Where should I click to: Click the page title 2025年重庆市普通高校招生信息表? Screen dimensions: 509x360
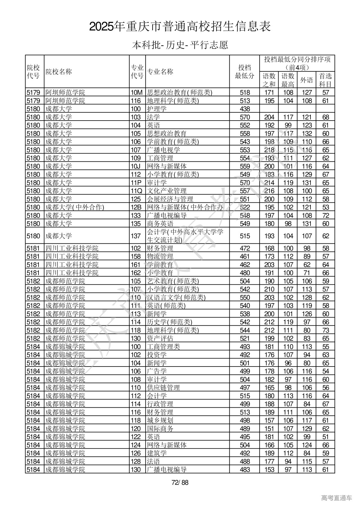point(180,27)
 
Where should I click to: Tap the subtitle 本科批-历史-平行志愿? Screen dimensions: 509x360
point(180,45)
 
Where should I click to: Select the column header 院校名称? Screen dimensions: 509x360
point(59,72)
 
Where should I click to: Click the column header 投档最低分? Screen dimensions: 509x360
point(244,72)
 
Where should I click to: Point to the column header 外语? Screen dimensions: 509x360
point(307,80)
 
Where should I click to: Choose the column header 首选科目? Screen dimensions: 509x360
point(325,80)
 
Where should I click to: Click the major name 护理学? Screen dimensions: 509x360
point(157,109)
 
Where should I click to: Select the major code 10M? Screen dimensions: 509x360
point(137,92)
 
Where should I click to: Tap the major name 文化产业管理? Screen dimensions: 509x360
point(167,191)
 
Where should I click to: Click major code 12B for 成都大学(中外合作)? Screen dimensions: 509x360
point(136,207)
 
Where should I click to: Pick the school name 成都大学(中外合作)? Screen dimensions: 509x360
point(75,207)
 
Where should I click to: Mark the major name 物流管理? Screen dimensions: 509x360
point(160,257)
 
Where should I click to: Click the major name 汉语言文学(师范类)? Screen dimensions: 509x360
point(176,298)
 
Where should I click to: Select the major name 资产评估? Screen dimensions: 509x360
point(160,339)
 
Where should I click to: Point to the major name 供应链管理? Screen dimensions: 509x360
point(163,388)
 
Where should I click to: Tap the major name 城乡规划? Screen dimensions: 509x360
point(160,420)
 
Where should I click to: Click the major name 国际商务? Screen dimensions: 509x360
point(160,429)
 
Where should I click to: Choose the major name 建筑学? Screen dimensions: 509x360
point(157,453)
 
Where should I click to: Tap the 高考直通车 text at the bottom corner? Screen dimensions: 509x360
point(336,498)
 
